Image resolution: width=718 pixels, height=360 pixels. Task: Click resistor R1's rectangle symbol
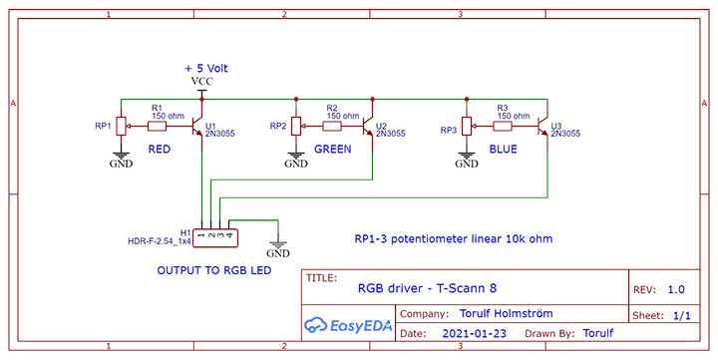157,126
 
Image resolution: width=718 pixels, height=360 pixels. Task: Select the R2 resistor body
332,126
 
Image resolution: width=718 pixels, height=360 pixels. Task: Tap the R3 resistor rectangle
503,126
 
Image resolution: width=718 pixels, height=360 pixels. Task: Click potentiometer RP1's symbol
121,126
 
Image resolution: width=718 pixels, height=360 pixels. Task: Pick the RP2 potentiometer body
296,126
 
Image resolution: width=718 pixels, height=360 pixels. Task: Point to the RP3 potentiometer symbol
467,126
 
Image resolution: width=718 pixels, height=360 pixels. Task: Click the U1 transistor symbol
197,126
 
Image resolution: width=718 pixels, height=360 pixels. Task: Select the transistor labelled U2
369,126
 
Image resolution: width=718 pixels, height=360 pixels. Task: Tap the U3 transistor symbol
543,126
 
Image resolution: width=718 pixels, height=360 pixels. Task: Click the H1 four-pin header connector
215,237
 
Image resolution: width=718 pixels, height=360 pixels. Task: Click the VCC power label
201,82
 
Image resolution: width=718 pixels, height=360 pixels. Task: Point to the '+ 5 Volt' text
206,68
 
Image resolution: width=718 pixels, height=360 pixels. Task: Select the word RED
160,149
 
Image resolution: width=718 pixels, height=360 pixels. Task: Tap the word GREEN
333,149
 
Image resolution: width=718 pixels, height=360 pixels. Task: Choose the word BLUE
504,149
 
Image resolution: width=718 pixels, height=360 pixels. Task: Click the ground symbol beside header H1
278,247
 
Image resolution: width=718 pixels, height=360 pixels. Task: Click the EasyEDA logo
348,325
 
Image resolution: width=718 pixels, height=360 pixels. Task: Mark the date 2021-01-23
475,333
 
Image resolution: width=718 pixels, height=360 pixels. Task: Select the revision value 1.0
676,289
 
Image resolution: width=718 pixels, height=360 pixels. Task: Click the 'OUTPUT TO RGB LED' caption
214,270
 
